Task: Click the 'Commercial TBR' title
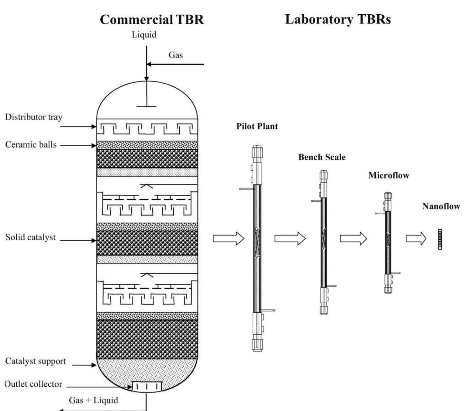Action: [x=152, y=19]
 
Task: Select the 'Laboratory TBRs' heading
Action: [x=338, y=19]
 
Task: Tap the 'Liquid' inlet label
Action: [x=144, y=35]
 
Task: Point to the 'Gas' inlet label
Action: [x=175, y=55]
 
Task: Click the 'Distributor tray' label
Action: [x=34, y=117]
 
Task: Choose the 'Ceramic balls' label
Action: [x=31, y=145]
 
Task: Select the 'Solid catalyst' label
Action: [x=30, y=237]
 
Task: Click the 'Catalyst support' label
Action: [x=35, y=361]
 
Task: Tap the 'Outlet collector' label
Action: [x=33, y=384]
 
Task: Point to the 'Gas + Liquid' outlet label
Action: [x=93, y=400]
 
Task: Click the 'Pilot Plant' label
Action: [x=257, y=126]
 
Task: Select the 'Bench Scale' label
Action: [x=322, y=157]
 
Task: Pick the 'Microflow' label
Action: [x=389, y=176]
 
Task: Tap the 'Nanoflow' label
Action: [x=441, y=206]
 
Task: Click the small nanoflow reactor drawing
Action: [x=440, y=239]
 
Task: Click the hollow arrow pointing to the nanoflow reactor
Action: [x=416, y=238]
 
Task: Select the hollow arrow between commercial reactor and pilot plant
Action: [x=228, y=238]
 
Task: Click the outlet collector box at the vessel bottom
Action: [x=147, y=387]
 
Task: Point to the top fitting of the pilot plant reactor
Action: [x=257, y=152]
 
